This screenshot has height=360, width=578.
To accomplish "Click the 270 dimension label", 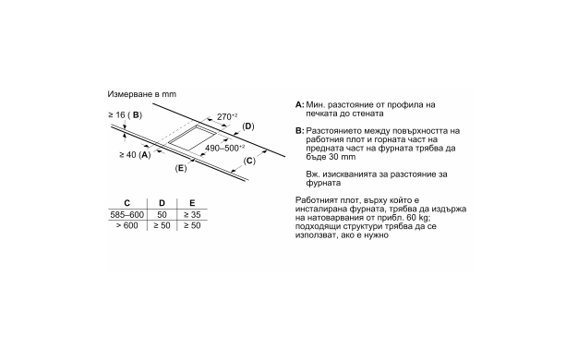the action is tap(227, 116).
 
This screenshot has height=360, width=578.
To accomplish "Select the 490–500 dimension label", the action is tap(224, 148).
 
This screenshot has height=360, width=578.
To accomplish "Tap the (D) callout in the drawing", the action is tap(248, 126).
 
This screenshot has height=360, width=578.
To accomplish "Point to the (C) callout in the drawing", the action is tap(249, 161).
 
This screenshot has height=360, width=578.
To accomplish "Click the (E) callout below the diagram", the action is tap(181, 168).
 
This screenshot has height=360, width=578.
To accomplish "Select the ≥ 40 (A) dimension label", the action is tap(135, 155).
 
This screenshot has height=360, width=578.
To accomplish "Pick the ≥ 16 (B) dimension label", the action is tap(125, 115).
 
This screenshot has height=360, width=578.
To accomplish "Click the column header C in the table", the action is tap(126, 203).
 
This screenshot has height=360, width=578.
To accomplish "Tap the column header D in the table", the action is tap(162, 203).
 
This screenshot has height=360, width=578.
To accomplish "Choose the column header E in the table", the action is tap(192, 203).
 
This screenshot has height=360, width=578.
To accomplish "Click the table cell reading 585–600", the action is tap(126, 214).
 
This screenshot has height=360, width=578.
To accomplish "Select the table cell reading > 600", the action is tap(126, 225).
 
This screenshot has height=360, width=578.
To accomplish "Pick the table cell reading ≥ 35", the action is tap(192, 214).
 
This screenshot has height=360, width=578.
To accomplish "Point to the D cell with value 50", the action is tap(162, 214).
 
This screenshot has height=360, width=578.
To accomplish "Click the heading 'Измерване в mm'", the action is tap(142, 94).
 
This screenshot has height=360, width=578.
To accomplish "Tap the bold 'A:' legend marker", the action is tap(300, 104).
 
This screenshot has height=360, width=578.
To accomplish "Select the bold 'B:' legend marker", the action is tap(300, 131).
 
